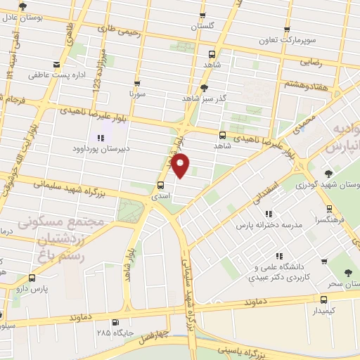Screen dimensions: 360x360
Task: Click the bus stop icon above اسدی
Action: click(162, 186)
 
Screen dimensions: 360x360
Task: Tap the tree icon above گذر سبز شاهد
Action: click(205, 88)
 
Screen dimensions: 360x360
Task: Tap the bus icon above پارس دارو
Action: click(31, 278)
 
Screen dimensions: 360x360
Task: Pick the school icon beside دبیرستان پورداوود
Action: click(101, 138)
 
